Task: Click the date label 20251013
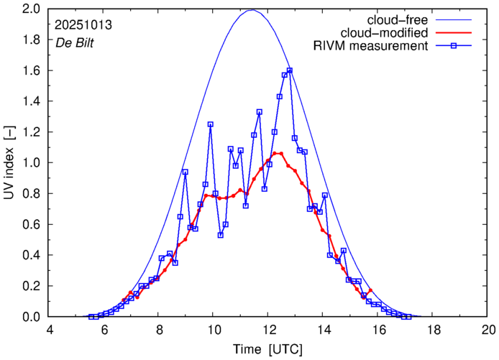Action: pyautogui.click(x=83, y=24)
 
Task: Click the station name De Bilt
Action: pyautogui.click(x=74, y=42)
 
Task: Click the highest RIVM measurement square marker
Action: pyautogui.click(x=290, y=70)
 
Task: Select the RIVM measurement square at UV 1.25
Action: pyautogui.click(x=211, y=124)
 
